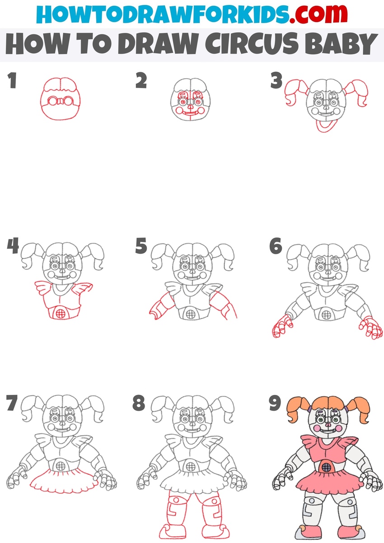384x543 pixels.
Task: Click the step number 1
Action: [12, 82]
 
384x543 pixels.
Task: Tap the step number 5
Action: [141, 247]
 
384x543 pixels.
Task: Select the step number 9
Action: [276, 403]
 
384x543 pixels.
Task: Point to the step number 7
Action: [13, 403]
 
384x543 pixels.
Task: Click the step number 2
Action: [141, 82]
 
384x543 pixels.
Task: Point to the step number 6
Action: [276, 247]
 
